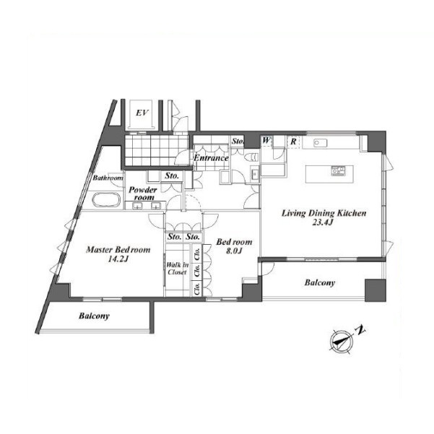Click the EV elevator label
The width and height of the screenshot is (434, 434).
click(x=142, y=113)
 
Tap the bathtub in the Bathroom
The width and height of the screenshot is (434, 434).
click(x=106, y=199)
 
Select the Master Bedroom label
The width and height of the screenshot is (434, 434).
click(x=118, y=250)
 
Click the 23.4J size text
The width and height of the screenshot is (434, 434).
click(x=322, y=222)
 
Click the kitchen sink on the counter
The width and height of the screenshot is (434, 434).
click(x=320, y=143)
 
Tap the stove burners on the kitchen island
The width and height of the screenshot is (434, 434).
click(x=338, y=170)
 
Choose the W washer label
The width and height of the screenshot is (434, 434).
click(x=266, y=140)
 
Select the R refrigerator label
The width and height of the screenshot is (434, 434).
click(x=293, y=142)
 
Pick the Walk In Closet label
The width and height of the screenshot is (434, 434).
click(x=177, y=269)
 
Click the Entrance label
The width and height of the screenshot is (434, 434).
click(x=211, y=158)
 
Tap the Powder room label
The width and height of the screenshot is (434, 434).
click(x=143, y=194)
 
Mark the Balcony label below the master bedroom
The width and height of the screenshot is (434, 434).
click(x=94, y=316)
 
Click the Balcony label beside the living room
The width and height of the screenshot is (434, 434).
click(x=320, y=282)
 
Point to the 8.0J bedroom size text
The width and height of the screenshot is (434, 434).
click(x=234, y=251)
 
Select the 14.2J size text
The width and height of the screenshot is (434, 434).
click(x=118, y=259)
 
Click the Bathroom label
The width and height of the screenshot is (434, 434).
click(x=108, y=178)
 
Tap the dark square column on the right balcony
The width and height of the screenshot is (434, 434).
click(x=376, y=290)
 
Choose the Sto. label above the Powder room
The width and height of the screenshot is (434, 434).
click(x=172, y=175)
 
